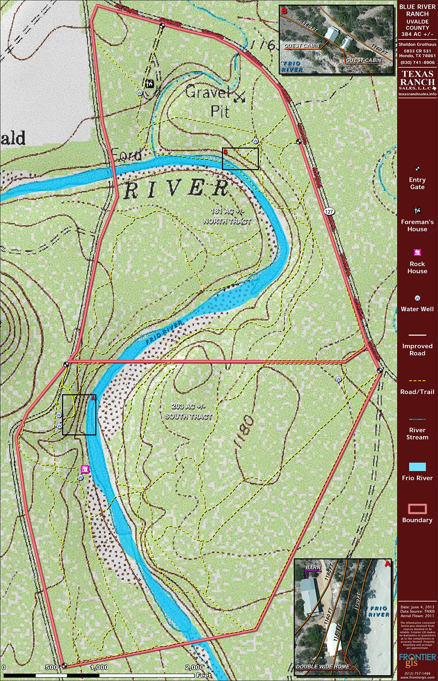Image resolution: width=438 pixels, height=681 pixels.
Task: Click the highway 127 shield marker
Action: (x=329, y=212)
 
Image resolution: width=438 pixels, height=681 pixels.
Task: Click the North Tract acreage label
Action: (x=227, y=216)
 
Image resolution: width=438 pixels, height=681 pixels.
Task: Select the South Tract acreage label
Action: (x=188, y=411)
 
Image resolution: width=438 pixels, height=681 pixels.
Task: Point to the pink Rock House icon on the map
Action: (x=85, y=469)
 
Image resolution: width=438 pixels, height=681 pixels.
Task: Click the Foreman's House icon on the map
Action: (x=150, y=83)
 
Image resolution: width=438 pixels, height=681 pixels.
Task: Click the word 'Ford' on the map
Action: (x=127, y=154)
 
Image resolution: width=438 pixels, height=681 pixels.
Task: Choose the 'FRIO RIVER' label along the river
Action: (x=164, y=332)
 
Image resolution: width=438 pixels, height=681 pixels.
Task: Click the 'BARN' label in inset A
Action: (x=313, y=568)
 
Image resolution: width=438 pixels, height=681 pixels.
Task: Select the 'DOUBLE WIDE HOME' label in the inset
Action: (x=323, y=667)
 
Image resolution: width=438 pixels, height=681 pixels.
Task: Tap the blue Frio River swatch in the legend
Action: (x=417, y=467)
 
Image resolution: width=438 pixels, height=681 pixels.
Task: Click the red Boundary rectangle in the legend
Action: (x=417, y=509)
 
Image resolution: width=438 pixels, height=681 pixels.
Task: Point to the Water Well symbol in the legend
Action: (x=417, y=298)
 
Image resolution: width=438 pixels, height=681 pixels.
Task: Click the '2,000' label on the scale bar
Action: (x=194, y=667)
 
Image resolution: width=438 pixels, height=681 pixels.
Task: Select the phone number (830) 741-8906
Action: (x=417, y=63)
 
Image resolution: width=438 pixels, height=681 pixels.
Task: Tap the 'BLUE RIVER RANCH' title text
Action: (x=417, y=11)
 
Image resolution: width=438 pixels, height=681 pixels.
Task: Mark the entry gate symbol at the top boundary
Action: (x=162, y=25)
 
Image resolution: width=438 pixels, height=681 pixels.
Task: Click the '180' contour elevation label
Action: (x=247, y=432)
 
